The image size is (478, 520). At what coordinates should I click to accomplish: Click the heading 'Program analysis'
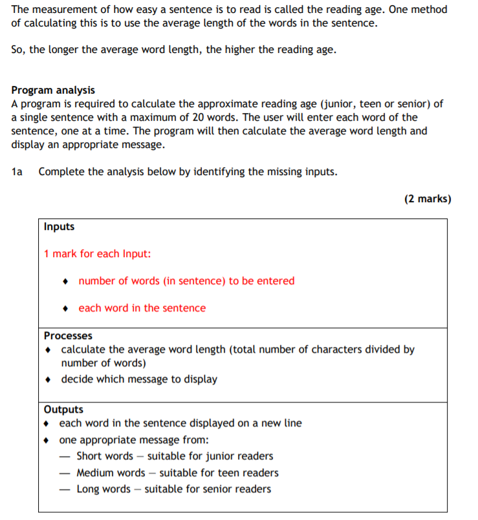point(53,90)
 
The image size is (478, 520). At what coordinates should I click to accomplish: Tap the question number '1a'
point(17,172)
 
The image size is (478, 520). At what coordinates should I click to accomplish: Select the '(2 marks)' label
point(428,199)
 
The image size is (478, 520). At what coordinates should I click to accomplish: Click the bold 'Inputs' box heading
point(59,227)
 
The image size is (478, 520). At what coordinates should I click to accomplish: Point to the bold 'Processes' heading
point(68,336)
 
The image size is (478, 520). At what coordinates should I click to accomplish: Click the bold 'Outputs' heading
point(63,410)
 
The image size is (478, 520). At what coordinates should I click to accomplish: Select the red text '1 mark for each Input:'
point(97,254)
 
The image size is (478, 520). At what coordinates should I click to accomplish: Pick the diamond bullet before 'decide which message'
point(49,380)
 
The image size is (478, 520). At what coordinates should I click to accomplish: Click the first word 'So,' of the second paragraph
point(19,50)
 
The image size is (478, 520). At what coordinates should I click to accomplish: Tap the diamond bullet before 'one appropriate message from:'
point(47,441)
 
